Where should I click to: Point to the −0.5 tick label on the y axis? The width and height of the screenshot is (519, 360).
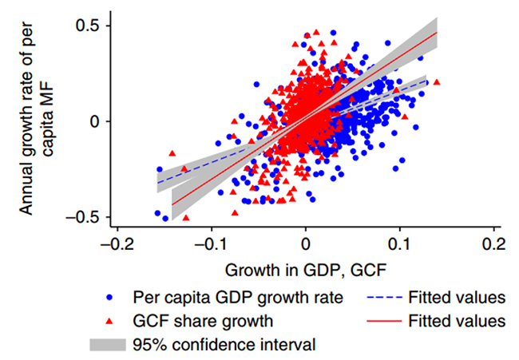pos(81,216)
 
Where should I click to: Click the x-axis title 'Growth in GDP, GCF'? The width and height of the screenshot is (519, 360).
pos(305,268)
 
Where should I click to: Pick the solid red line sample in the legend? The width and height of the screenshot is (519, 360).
pos(387,322)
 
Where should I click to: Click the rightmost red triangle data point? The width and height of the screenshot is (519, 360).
pos(436,82)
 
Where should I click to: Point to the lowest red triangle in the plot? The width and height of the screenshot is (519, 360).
pos(186,217)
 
